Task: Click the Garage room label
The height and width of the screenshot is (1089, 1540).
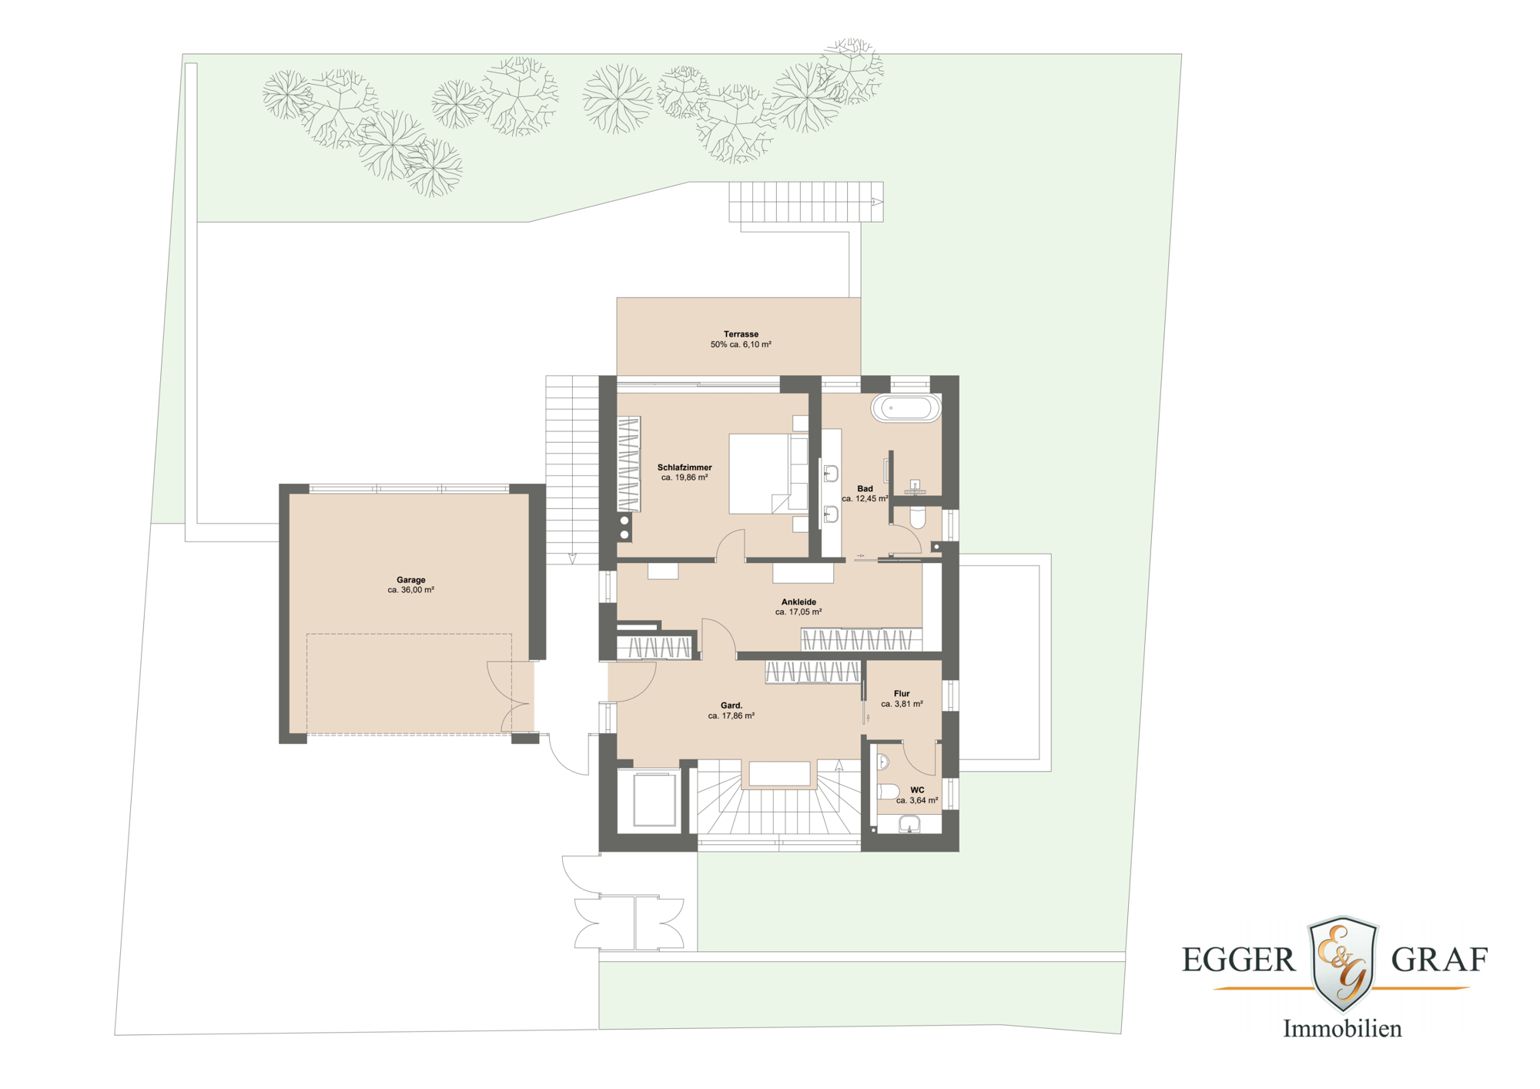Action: pyautogui.click(x=410, y=580)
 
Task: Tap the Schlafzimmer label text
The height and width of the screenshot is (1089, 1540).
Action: pyautogui.click(x=685, y=467)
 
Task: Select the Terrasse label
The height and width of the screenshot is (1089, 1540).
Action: pyautogui.click(x=741, y=334)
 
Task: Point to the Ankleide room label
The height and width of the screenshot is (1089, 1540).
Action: pyautogui.click(x=798, y=602)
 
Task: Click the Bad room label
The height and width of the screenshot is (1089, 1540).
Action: pyautogui.click(x=865, y=489)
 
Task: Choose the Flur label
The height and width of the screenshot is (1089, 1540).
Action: pyautogui.click(x=902, y=694)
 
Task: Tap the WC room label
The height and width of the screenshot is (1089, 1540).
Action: pyautogui.click(x=917, y=790)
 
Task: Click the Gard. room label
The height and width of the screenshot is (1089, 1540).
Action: pyautogui.click(x=731, y=705)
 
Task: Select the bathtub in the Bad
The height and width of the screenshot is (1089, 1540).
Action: pyautogui.click(x=906, y=408)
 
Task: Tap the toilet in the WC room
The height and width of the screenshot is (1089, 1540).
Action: pyautogui.click(x=888, y=792)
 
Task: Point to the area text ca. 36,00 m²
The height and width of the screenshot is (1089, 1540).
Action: pyautogui.click(x=410, y=590)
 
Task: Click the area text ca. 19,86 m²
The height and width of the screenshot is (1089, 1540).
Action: pyautogui.click(x=685, y=477)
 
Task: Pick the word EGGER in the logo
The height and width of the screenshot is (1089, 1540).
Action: pyautogui.click(x=1239, y=960)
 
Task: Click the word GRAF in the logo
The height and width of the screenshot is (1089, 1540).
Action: pyautogui.click(x=1439, y=960)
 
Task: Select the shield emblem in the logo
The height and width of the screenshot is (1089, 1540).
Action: pyautogui.click(x=1343, y=963)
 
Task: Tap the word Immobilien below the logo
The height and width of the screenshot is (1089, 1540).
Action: pyautogui.click(x=1342, y=1029)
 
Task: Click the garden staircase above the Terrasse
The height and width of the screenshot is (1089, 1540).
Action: pyautogui.click(x=805, y=202)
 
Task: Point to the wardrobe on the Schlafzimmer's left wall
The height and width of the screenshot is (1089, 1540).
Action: pyautogui.click(x=629, y=464)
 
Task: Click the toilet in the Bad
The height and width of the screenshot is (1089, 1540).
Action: pyautogui.click(x=917, y=518)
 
